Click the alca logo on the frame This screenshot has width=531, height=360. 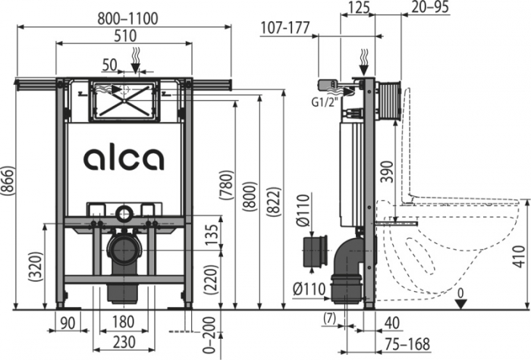pyautogui.click(x=123, y=158)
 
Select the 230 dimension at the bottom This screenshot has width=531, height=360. pyautogui.click(x=123, y=341)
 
